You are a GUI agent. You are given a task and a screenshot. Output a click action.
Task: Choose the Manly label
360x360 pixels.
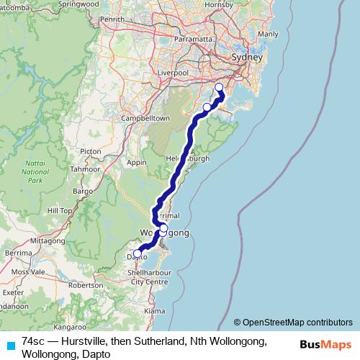click(267, 34)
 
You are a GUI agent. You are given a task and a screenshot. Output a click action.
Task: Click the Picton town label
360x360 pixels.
click(91, 151)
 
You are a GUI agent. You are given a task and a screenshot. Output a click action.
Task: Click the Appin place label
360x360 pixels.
click(136, 163)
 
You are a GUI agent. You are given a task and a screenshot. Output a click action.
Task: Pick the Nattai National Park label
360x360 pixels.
click(35, 173)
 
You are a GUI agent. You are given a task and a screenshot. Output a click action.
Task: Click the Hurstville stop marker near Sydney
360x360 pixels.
click(219, 89)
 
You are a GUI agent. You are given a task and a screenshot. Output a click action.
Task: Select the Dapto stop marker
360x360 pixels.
click(137, 253)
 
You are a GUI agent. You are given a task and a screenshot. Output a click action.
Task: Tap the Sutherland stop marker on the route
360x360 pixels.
click(207, 107)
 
